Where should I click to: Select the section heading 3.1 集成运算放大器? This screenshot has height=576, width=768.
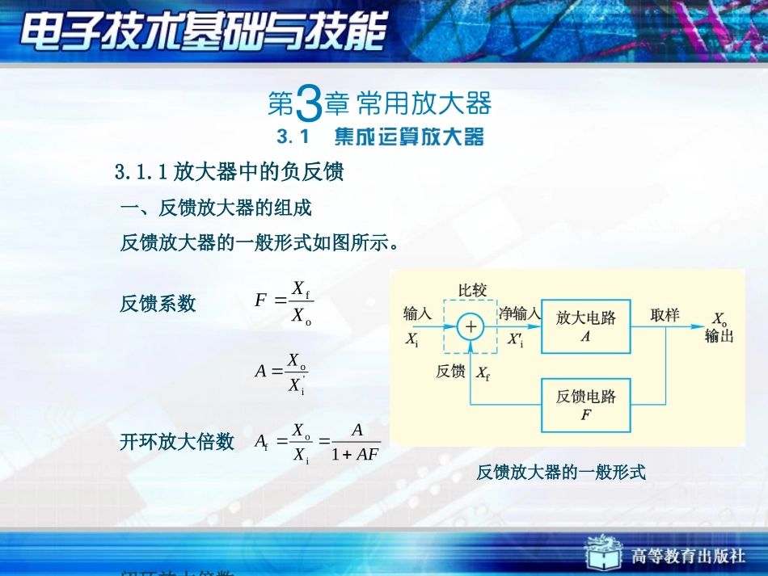click(380, 137)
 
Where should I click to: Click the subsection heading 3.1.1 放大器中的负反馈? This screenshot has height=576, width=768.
click(230, 172)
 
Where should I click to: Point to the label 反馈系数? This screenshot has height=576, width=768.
click(158, 304)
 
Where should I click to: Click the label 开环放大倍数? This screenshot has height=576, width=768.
click(177, 441)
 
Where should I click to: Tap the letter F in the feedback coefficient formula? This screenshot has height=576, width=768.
click(260, 301)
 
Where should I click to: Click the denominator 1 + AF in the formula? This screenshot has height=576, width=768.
click(355, 454)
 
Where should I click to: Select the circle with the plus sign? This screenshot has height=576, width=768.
click(471, 327)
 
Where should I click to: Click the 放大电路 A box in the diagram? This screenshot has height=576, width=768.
click(585, 327)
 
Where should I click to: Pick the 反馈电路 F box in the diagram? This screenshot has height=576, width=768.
click(585, 405)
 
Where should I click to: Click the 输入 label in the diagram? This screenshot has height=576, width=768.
click(418, 313)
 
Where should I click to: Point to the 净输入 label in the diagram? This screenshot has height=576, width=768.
click(518, 313)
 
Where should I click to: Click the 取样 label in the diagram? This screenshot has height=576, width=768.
click(665, 315)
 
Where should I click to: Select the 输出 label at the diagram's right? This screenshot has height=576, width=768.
click(719, 337)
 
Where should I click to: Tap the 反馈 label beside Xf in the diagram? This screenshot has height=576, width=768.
click(450, 372)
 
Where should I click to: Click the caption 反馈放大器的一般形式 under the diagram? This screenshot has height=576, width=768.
click(561, 473)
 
